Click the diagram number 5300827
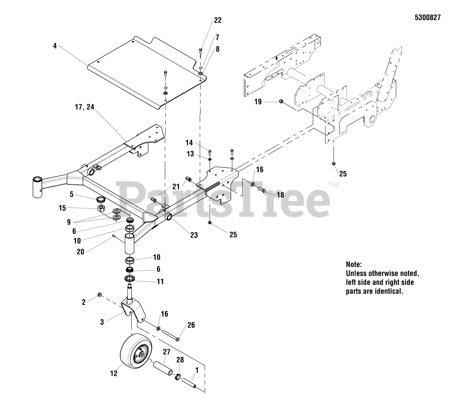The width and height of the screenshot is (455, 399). pyautogui.click(x=427, y=17)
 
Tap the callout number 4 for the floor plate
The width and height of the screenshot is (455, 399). pyautogui.click(x=55, y=46)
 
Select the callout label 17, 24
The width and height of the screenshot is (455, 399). pyautogui.click(x=85, y=107)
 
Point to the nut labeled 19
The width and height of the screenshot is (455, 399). pyautogui.click(x=280, y=102)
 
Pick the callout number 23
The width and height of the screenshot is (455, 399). pyautogui.click(x=194, y=235)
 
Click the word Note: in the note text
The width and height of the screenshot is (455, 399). pyautogui.click(x=354, y=264)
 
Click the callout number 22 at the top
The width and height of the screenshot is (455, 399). pyautogui.click(x=218, y=20)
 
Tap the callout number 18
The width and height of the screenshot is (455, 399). pyautogui.click(x=280, y=195)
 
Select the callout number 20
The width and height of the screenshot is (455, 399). pyautogui.click(x=80, y=252)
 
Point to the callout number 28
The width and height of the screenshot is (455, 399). pyautogui.click(x=180, y=360)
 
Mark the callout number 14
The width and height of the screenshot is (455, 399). pyautogui.click(x=189, y=142)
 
